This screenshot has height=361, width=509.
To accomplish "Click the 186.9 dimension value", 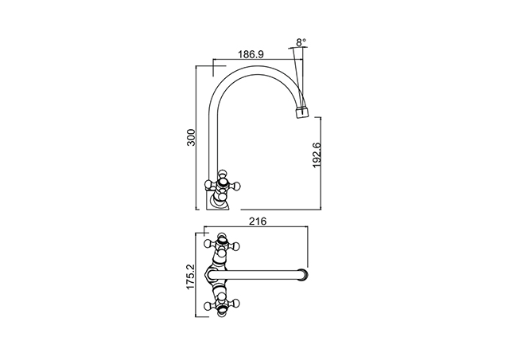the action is click(x=251, y=54).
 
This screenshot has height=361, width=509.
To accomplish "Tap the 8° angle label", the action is click(x=301, y=42).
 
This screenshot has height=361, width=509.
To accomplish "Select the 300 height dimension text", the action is click(x=191, y=138).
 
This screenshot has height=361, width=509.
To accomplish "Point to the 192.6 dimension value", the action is click(x=317, y=155).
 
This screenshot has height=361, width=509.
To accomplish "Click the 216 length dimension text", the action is click(x=258, y=222).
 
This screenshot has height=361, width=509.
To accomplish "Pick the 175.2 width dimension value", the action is click(x=190, y=277).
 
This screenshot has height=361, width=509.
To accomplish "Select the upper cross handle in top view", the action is click(x=222, y=244).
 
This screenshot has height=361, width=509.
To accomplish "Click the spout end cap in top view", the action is click(x=303, y=275).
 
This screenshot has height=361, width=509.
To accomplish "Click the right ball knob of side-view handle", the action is click(x=238, y=186).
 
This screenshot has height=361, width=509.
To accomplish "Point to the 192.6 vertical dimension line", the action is click(x=321, y=163).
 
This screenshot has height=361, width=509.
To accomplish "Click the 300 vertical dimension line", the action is click(x=196, y=138).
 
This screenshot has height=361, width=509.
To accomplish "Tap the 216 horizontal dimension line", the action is click(x=256, y=226).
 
